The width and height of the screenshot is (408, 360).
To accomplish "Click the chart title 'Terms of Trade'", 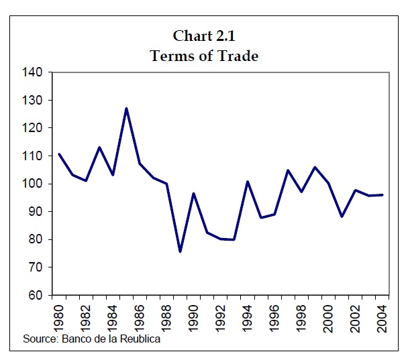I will point(204,56).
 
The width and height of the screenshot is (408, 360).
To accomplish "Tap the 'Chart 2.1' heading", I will point(204,36).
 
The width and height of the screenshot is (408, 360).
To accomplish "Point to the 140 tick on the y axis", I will point(34,72).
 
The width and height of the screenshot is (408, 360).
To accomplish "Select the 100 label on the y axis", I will point(34,184).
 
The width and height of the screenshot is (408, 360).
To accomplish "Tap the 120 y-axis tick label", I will point(34,128).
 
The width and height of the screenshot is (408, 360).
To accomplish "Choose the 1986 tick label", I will point(140,315).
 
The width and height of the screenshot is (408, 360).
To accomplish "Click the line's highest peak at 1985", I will point(126,108).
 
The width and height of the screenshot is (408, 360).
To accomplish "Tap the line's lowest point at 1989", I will point(180,251).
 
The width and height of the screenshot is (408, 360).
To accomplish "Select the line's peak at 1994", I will point(247,182).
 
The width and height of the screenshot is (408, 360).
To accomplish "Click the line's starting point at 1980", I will point(59,154).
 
